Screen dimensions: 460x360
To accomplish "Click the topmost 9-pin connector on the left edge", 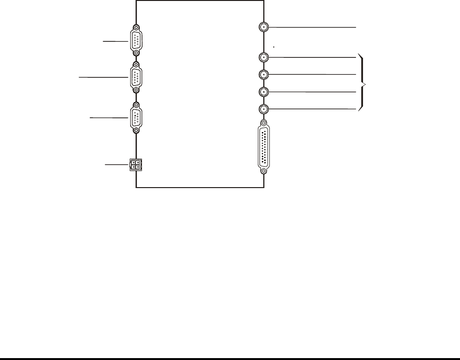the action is tap(136, 41).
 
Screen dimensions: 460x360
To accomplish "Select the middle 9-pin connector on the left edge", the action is tap(136, 76).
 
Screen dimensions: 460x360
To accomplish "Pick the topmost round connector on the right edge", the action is tap(264, 27).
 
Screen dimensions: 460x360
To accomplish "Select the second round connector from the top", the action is tap(264, 57).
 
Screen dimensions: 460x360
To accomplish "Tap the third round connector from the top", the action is tap(264, 75).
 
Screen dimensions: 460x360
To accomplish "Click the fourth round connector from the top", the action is tap(264, 92).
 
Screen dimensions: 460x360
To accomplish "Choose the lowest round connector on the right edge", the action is tap(264, 109).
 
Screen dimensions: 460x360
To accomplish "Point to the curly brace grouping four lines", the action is tap(364, 84).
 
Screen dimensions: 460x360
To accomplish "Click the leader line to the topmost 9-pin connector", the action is tap(116, 41).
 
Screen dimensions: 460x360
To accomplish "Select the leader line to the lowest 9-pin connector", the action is tap(110, 117).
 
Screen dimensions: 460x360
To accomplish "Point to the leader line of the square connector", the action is tap(116, 164).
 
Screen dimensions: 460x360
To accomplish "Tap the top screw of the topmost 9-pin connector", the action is tap(136, 28).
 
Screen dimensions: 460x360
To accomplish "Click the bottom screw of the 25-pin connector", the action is tap(264, 171).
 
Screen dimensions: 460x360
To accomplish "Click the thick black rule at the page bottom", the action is tap(230, 358).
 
